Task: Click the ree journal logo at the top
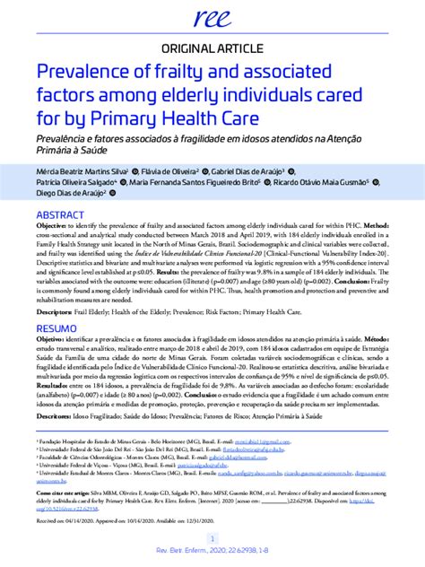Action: [212, 14]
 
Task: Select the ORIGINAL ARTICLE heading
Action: [212, 48]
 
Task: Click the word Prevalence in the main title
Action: [88, 71]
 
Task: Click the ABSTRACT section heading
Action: [60, 216]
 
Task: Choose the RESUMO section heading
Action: [57, 330]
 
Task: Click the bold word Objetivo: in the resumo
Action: [53, 342]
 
